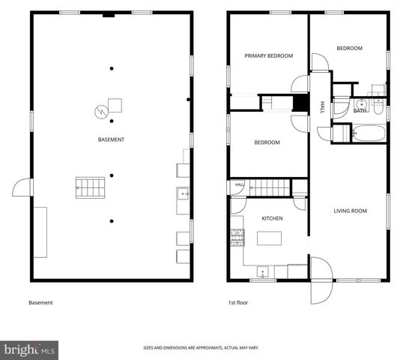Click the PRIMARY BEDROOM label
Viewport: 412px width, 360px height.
[268, 55]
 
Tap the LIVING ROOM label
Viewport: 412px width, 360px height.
[351, 211]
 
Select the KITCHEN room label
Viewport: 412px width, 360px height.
[272, 218]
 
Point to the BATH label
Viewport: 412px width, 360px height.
[360, 111]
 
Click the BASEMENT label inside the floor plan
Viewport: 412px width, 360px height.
[111, 139]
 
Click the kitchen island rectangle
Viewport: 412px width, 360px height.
[269, 238]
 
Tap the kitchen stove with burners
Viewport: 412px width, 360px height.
[237, 238]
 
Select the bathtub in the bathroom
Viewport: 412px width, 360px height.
[369, 133]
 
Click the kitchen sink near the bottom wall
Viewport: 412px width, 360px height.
[262, 272]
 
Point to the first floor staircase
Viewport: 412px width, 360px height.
[270, 187]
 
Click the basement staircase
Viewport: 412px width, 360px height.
[90, 187]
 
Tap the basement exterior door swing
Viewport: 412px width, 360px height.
[22, 187]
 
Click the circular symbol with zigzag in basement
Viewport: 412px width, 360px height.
[101, 112]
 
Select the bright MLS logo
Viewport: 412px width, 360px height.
[29, 350]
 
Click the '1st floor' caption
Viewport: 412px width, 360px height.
[237, 303]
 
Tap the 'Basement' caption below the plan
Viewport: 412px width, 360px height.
[40, 303]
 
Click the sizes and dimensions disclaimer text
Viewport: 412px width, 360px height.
[201, 348]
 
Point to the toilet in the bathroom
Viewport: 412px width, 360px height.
[378, 108]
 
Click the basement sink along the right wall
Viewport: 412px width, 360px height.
[183, 193]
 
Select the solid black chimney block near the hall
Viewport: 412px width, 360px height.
[300, 103]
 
